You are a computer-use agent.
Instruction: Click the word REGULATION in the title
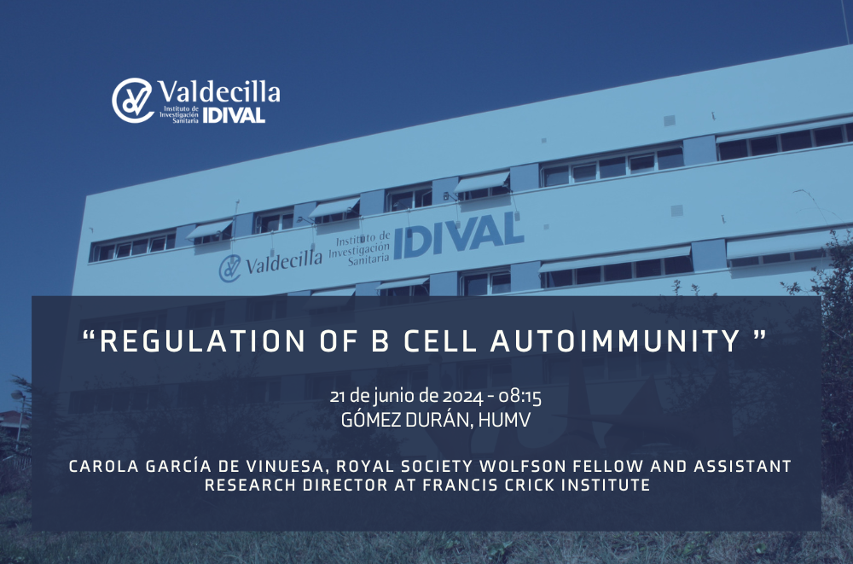tap(202, 341)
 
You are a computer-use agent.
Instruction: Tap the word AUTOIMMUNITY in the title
tap(616, 341)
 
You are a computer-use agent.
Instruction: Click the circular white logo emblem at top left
tap(133, 100)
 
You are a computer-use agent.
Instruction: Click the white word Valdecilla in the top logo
tap(219, 91)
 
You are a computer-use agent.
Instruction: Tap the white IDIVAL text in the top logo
tap(234, 115)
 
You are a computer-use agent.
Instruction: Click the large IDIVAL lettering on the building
tap(459, 235)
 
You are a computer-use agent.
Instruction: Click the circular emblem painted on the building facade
tap(229, 269)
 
